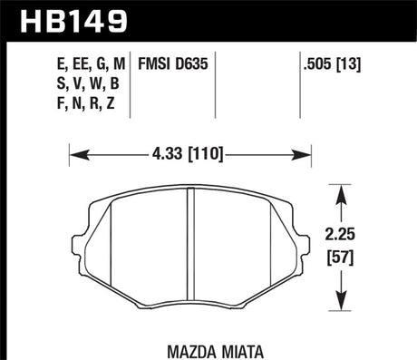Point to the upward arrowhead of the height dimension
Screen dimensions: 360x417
point(340,190)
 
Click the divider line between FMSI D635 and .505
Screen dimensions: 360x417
point(215,86)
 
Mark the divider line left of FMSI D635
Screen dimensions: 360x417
point(131,86)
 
